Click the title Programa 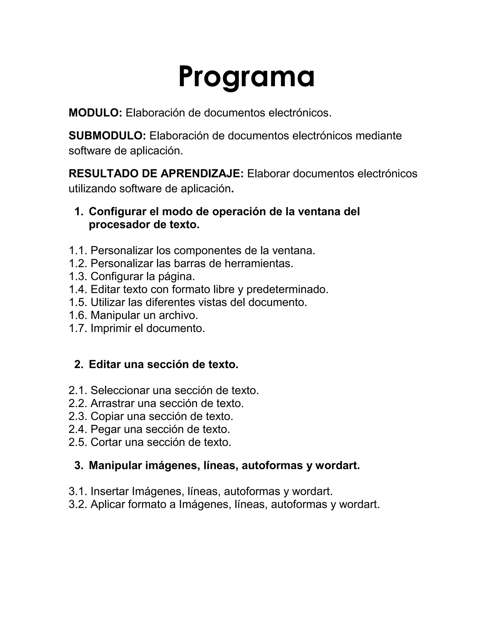[x=246, y=77]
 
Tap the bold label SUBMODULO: [x=107, y=136]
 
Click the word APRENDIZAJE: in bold [x=202, y=174]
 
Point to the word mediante [x=378, y=136]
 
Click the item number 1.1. [x=78, y=250]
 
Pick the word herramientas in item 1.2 [x=259, y=263]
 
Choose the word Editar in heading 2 [x=104, y=364]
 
